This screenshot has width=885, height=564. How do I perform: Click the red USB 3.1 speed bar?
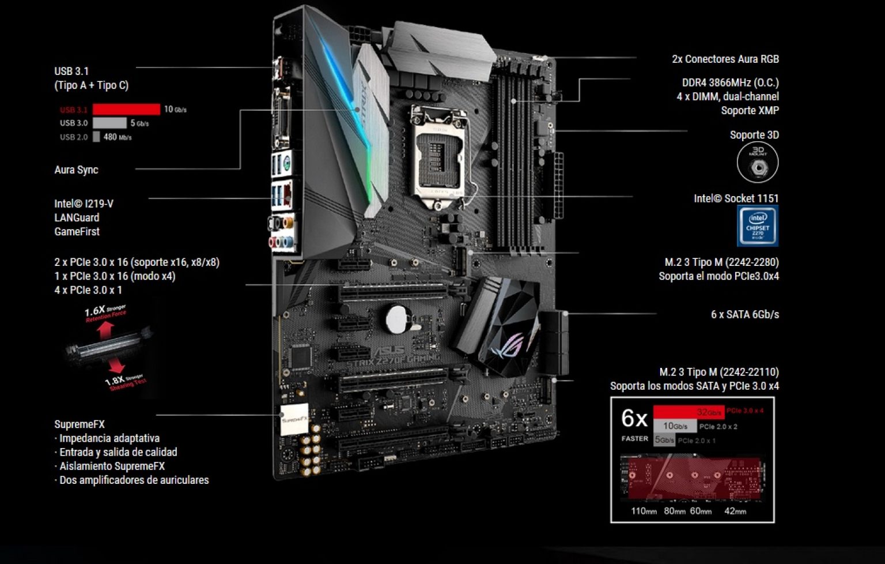tap(126, 109)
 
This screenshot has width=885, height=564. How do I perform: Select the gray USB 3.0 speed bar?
tap(109, 123)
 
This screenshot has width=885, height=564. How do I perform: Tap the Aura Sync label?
tap(76, 170)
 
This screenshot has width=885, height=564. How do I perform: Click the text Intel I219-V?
tap(84, 204)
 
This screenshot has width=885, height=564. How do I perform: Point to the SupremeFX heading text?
tap(80, 424)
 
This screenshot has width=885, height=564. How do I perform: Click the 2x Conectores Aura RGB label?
tap(725, 59)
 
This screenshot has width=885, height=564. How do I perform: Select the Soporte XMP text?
tap(750, 110)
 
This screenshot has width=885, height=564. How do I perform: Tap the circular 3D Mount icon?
tap(758, 163)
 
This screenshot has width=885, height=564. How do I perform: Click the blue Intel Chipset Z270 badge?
tap(758, 226)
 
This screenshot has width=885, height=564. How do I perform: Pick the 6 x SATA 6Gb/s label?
tap(744, 314)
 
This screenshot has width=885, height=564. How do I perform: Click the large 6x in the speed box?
tap(634, 419)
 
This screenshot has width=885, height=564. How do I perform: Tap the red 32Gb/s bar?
tap(688, 412)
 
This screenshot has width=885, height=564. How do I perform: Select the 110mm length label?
tap(644, 511)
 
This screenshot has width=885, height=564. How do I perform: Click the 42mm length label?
tap(735, 511)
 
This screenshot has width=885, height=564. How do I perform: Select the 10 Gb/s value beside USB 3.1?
tap(175, 109)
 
